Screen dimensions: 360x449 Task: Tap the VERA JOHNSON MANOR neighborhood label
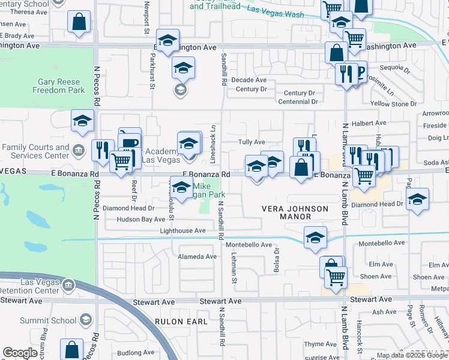tap(295, 212)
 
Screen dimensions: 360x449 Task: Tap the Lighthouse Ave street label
tap(182, 230)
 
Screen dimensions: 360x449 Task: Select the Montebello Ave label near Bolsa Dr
tap(249, 245)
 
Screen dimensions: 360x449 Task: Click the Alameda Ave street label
tap(197, 257)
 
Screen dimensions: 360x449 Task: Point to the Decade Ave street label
tap(249, 80)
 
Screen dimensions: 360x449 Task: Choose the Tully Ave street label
tap(252, 142)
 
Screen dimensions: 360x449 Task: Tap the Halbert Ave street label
tap(369, 123)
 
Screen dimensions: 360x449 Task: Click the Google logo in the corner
tap(20, 353)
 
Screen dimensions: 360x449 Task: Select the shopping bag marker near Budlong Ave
tap(72, 350)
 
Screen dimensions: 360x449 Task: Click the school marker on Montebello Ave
tap(315, 237)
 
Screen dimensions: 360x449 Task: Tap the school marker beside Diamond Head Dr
tap(417, 201)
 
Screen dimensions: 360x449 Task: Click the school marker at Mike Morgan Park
tap(182, 191)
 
